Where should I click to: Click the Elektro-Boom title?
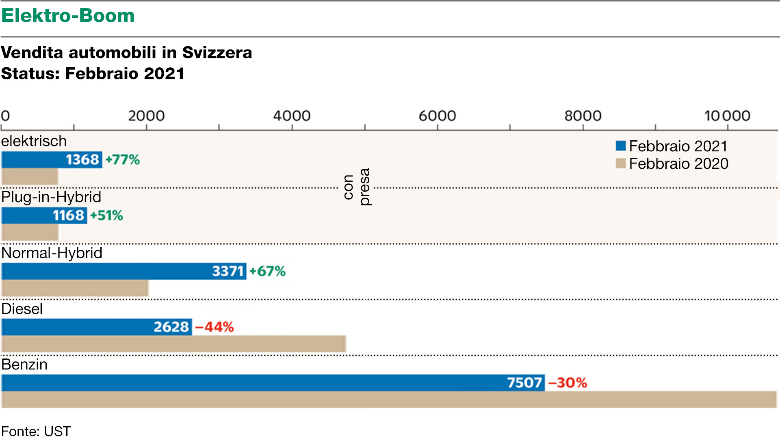[68, 16]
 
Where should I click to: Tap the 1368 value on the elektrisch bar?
[82, 160]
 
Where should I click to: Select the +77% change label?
[123, 160]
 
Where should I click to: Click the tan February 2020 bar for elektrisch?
[30, 177]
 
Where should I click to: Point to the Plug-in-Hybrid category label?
[51, 197]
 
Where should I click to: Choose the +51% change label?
[106, 215]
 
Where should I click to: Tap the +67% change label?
[267, 271]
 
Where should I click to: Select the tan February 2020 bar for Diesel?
[173, 344]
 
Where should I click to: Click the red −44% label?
[214, 327]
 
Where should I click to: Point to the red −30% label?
[568, 383]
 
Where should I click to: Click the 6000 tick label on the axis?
[437, 116]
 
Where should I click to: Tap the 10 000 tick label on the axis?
[727, 116]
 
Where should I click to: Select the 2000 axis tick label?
[146, 116]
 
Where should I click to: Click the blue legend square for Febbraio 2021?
[620, 146]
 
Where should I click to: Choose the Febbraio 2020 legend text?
[678, 164]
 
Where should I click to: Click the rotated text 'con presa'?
[357, 187]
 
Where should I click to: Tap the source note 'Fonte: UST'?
[36, 431]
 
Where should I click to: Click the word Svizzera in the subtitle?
[217, 53]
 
